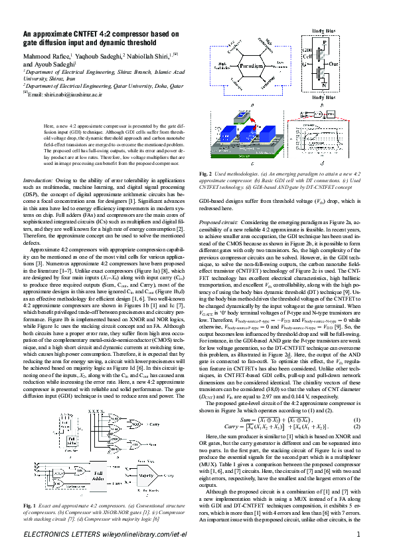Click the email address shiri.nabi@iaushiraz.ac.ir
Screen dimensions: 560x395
(x=70, y=94)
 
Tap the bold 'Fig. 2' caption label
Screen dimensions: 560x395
(x=206, y=174)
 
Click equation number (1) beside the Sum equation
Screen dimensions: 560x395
(x=356, y=438)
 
